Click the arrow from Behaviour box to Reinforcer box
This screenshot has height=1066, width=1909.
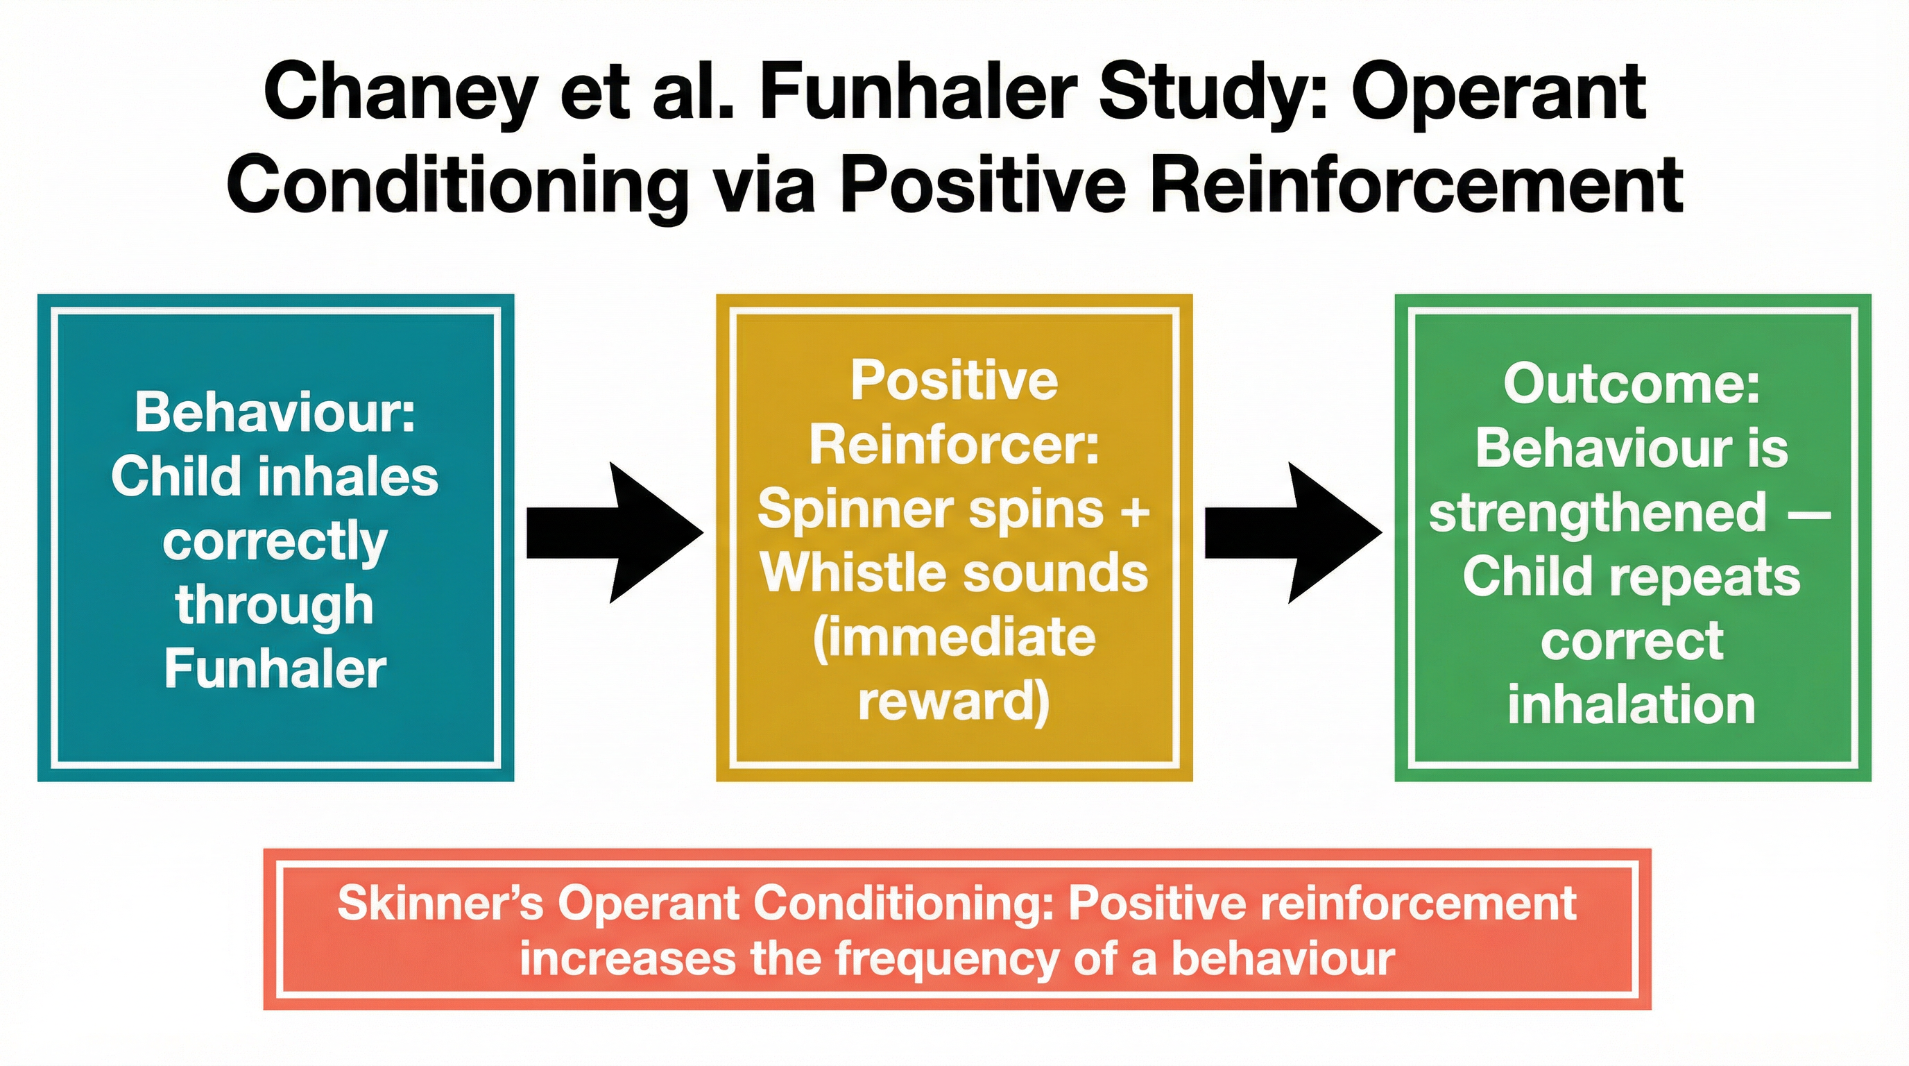coord(614,532)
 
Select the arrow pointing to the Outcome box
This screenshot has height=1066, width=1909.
coord(1292,532)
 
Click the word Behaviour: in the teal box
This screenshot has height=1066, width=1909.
coord(275,412)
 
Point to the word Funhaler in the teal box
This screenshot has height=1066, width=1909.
coord(275,668)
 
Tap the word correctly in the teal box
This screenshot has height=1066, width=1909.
coord(275,542)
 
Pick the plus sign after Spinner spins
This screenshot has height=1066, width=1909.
coord(1135,511)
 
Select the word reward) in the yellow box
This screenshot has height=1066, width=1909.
coord(954,701)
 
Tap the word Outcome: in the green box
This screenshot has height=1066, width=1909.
coord(1632,384)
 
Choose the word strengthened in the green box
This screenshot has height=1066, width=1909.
coord(1598,513)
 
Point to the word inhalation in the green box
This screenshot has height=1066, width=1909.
coord(1632,705)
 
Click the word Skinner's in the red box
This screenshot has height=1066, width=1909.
coord(440,904)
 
